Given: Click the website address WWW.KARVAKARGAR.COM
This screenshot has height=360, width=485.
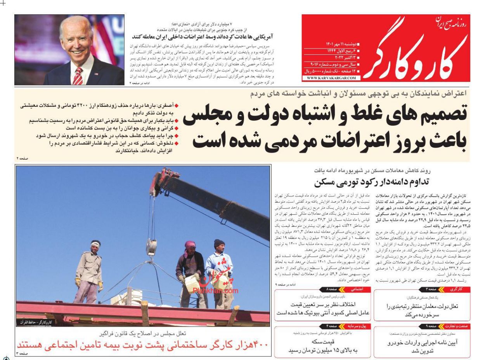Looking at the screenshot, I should (331, 78).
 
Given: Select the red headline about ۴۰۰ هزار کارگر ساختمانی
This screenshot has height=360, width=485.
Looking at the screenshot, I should (143, 344).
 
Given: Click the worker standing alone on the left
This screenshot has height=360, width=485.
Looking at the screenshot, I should (89, 272).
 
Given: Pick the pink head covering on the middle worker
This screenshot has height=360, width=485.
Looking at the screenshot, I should (190, 245).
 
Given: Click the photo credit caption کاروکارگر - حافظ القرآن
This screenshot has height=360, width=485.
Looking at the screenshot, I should (35, 322).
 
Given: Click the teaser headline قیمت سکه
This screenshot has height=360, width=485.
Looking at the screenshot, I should (323, 342).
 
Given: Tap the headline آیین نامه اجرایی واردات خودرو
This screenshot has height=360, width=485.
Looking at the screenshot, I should (423, 343).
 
